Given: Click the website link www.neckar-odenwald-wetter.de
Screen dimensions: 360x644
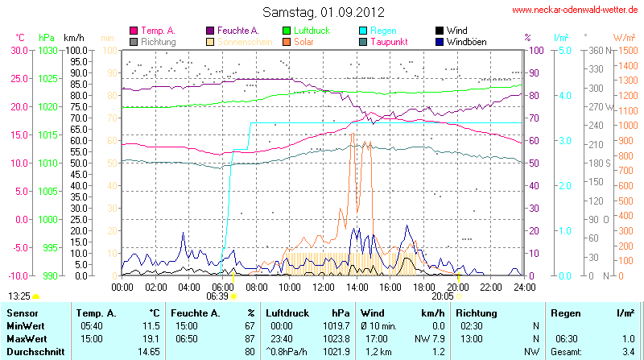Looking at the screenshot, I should (575, 10).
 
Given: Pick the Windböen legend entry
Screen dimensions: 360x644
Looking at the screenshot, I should (466, 41).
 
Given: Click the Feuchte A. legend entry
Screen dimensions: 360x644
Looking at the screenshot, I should (237, 30).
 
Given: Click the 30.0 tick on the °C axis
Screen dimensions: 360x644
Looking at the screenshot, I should (19, 50).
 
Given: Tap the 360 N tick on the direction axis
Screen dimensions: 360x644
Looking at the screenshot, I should (596, 50).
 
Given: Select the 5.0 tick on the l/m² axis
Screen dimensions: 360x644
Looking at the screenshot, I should (565, 50).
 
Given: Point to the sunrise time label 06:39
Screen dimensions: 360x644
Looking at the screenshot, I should (217, 296).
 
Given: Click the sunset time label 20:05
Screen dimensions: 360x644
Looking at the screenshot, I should (443, 296).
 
